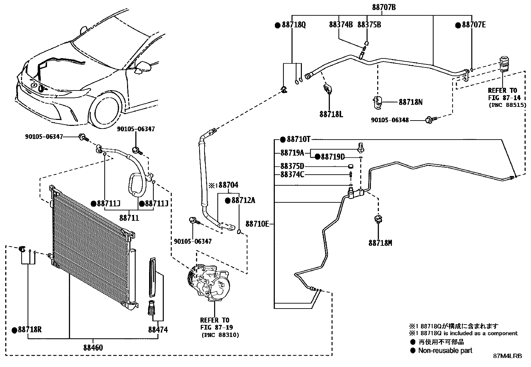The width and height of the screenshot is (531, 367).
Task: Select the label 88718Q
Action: click(x=294, y=25)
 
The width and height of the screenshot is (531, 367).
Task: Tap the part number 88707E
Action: click(x=474, y=25)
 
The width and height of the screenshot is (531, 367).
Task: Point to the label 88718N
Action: click(x=410, y=102)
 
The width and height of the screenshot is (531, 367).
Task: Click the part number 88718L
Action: click(x=331, y=114)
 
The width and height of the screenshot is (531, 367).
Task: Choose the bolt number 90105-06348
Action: click(x=390, y=120)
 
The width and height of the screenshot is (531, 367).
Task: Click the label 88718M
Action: click(x=380, y=243)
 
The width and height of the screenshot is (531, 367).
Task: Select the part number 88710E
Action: click(x=257, y=224)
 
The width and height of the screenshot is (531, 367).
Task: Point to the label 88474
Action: click(x=158, y=330)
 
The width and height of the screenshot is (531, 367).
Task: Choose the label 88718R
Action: click(x=29, y=330)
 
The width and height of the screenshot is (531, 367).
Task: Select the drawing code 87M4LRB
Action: click(x=507, y=356)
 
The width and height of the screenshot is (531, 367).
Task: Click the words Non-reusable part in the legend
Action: click(x=445, y=350)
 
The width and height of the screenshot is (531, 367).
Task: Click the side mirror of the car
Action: click(x=144, y=67)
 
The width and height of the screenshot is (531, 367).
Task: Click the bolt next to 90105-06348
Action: click(x=430, y=119)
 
